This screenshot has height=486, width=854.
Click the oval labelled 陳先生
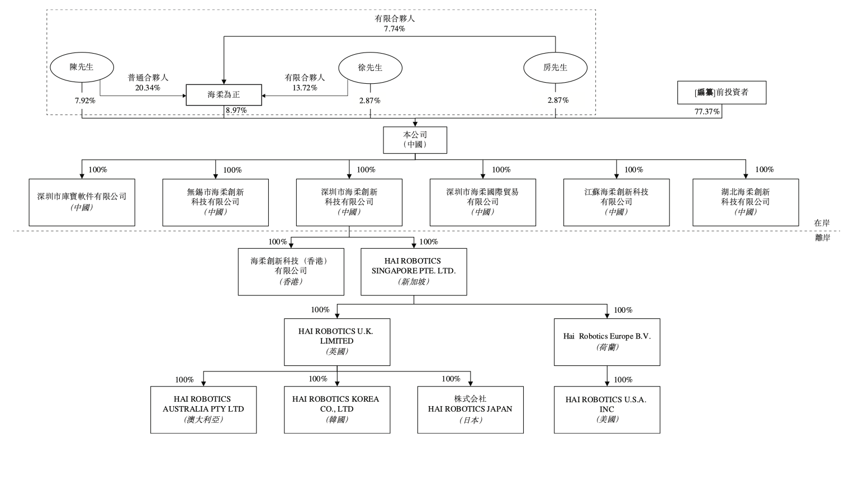tap(82, 68)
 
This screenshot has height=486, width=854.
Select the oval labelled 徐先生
tap(370, 68)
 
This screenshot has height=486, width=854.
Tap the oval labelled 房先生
tap(555, 68)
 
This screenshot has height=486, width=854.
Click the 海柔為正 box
tap(224, 95)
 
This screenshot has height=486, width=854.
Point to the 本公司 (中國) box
tap(415, 140)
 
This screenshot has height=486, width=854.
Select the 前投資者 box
tap(722, 93)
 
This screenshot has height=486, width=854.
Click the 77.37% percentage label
tap(707, 112)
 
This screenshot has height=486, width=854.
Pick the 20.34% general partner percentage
tap(148, 88)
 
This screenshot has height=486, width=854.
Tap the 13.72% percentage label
tap(305, 88)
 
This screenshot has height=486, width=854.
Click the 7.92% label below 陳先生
tap(85, 101)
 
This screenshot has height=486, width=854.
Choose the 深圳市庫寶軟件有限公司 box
tap(82, 202)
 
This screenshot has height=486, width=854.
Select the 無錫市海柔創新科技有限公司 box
tap(215, 202)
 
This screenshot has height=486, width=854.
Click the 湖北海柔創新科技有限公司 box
tap(745, 202)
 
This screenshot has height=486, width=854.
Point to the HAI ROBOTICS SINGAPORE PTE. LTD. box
tap(414, 271)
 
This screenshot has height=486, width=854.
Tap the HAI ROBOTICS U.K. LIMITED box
tap(336, 342)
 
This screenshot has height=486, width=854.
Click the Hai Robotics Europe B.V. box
tap(607, 342)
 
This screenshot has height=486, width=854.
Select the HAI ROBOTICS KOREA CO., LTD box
tap(336, 409)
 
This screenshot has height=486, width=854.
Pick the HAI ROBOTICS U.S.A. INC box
tap(607, 409)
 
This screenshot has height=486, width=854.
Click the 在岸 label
tap(822, 223)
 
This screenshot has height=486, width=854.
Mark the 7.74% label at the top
tap(394, 28)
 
